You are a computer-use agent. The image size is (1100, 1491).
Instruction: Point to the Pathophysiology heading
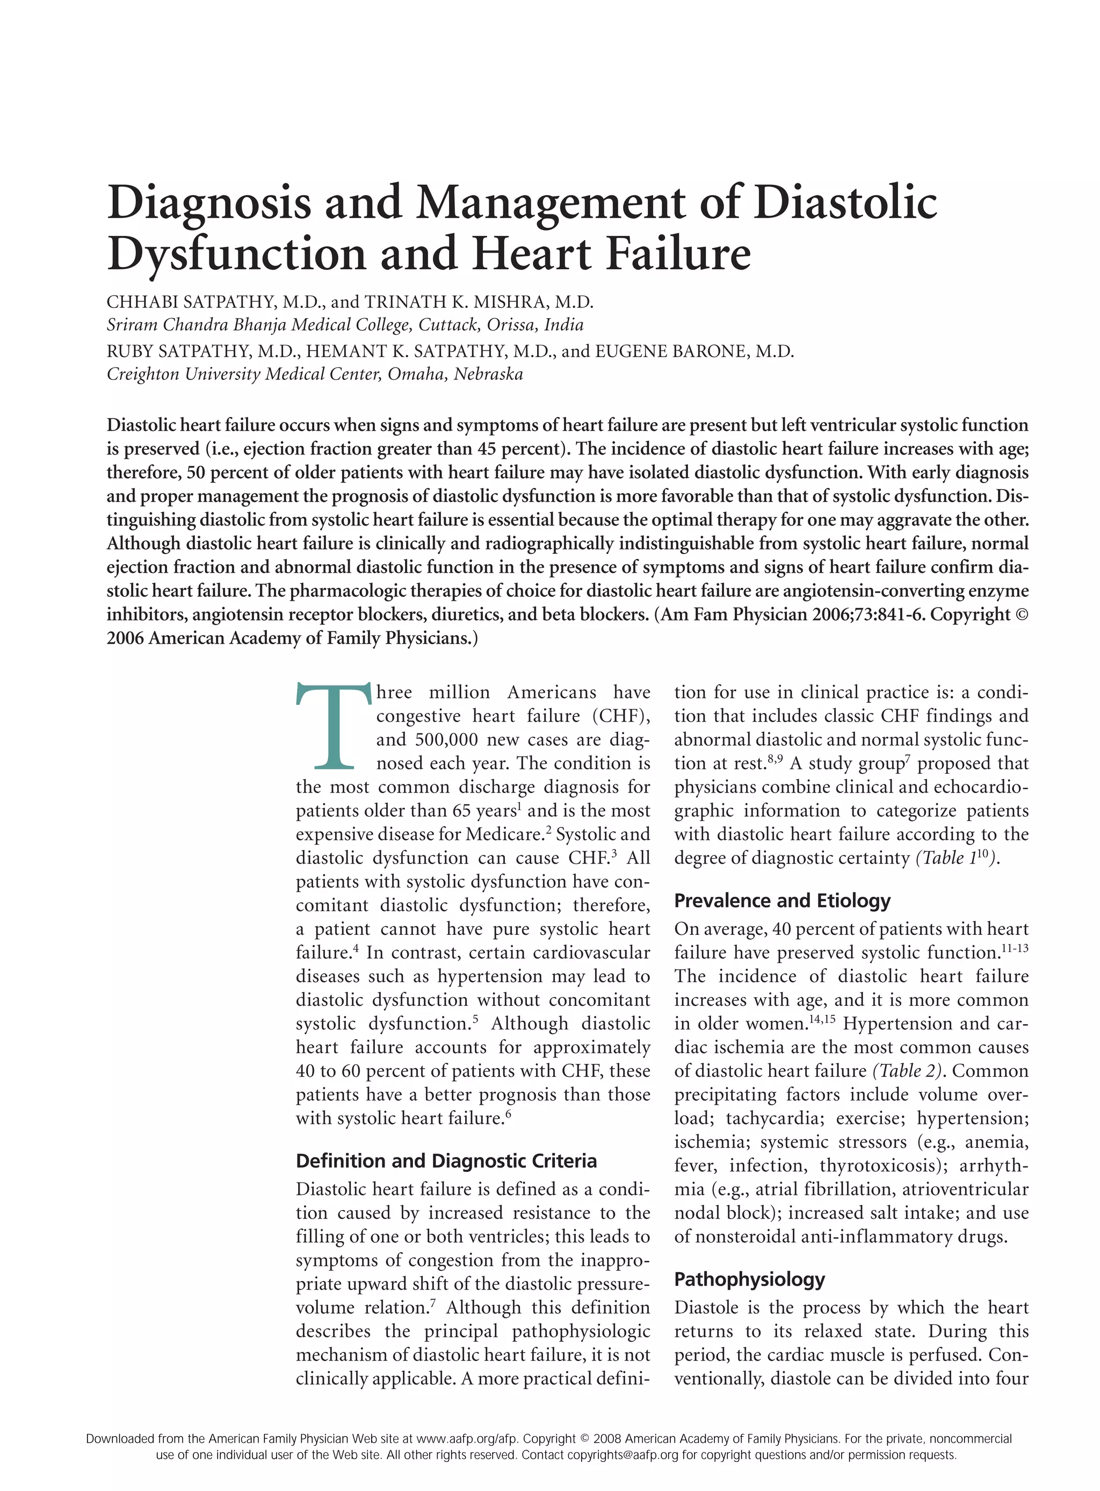749,1279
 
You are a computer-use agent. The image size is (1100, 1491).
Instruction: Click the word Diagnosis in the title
208,203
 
